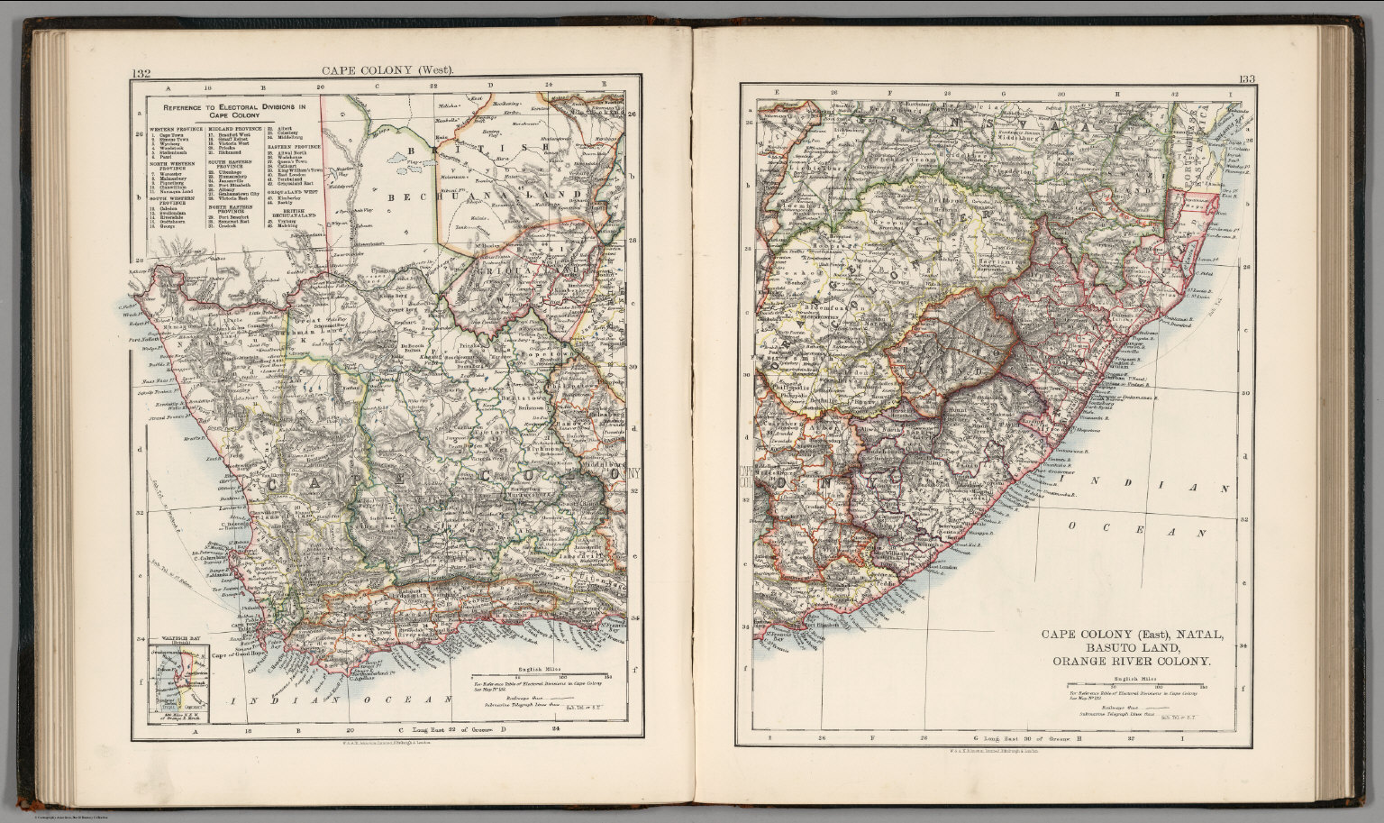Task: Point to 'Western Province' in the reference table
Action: pyautogui.click(x=175, y=130)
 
